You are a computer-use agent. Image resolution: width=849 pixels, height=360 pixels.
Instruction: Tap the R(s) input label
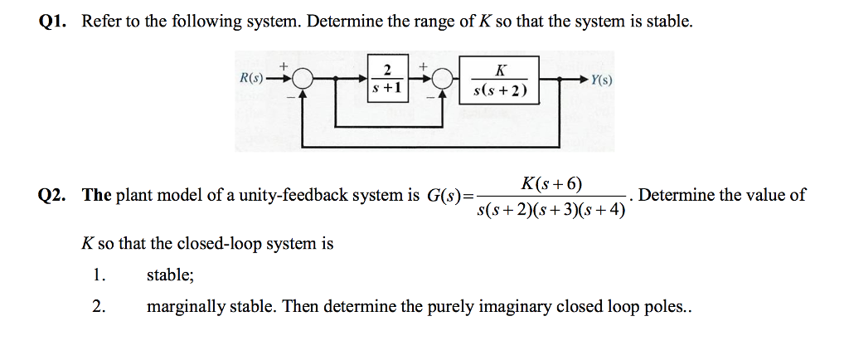[x=250, y=79]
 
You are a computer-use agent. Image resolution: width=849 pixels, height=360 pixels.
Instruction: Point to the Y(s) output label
[x=602, y=80]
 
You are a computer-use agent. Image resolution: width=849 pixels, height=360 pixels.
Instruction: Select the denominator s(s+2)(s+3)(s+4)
[x=552, y=210]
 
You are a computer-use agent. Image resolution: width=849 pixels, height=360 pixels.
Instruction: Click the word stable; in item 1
[x=170, y=276]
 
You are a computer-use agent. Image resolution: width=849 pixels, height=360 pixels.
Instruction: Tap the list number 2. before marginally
[x=99, y=307]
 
